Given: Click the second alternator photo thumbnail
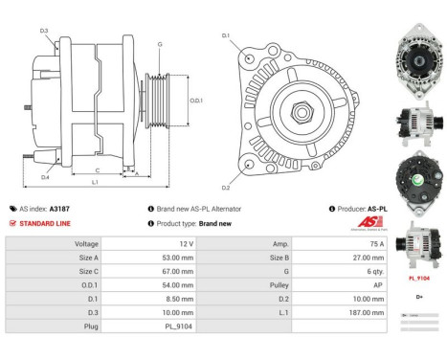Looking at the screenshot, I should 417,124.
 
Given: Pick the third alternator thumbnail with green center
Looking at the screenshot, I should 417,182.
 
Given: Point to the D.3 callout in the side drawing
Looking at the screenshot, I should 44,32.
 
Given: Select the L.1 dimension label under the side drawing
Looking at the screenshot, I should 95,182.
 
